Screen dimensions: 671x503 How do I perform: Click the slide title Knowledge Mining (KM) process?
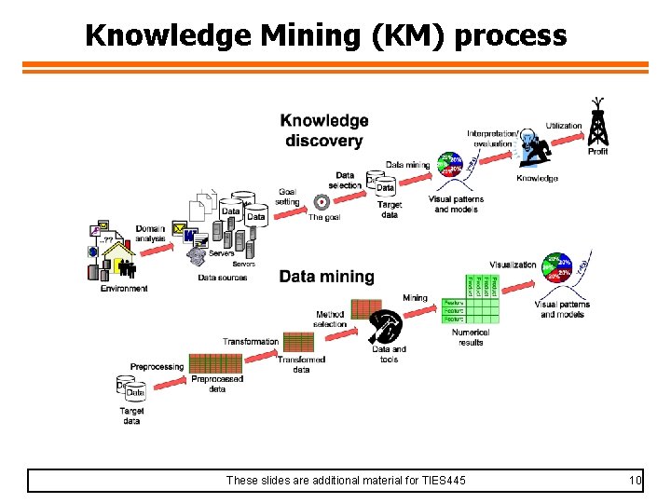(x=325, y=35)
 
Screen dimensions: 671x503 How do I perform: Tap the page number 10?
(x=636, y=481)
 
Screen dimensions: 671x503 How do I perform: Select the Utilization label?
(x=564, y=126)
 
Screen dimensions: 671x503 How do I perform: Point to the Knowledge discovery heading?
(x=323, y=130)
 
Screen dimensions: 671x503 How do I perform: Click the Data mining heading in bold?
(x=326, y=277)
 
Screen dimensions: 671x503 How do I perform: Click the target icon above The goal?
(x=322, y=201)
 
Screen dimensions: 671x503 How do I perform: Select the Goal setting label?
(x=287, y=197)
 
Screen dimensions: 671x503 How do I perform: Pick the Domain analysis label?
(x=150, y=234)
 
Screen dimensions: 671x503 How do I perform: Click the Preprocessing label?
(x=157, y=367)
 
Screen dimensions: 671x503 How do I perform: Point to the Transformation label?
(x=250, y=342)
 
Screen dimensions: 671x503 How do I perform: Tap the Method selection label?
(x=330, y=319)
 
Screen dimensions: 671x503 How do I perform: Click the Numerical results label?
(x=471, y=337)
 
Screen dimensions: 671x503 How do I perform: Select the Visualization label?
(x=513, y=265)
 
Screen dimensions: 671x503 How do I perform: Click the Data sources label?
(x=223, y=278)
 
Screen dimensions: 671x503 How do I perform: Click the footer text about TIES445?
(x=346, y=481)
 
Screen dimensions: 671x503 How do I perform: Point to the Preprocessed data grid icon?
(x=215, y=363)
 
